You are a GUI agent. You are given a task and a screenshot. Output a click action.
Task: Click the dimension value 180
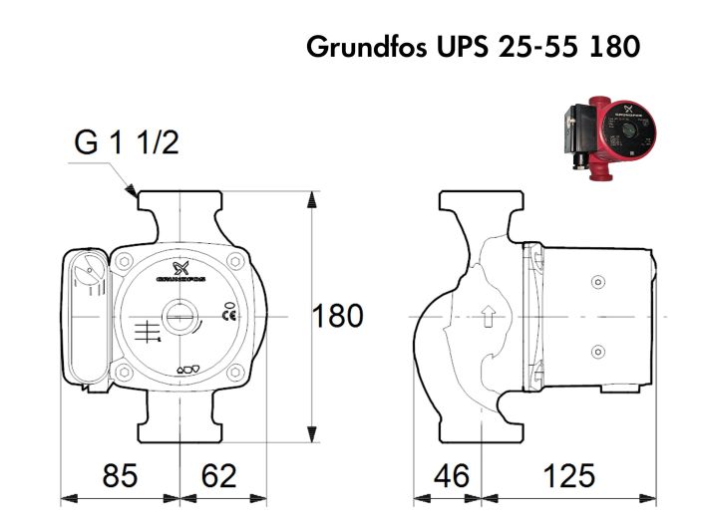coord(338,317)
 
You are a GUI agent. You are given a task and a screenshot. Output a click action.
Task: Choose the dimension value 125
coord(569,475)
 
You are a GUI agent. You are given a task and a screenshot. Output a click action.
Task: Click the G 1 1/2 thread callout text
coord(127,144)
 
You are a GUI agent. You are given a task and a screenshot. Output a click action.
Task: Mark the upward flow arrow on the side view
coord(488,318)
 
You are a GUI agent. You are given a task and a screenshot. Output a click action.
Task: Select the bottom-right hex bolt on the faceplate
coord(235,375)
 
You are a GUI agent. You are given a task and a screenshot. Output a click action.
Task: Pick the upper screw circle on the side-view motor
coord(598,283)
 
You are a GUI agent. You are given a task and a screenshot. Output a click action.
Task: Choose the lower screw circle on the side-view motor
coord(598,351)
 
